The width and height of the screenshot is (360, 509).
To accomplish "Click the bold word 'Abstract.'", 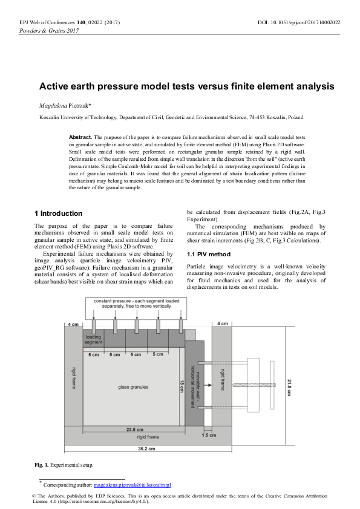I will pyautogui.click(x=80, y=137).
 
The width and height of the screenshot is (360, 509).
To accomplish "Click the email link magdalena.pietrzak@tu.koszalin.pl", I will pyautogui.click(x=133, y=485).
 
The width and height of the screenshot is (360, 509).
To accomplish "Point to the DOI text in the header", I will pyautogui.click(x=299, y=22).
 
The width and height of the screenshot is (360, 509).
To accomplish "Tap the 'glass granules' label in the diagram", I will pyautogui.click(x=126, y=384).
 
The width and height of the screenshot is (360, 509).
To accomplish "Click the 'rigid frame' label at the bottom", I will pyautogui.click(x=148, y=436).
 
